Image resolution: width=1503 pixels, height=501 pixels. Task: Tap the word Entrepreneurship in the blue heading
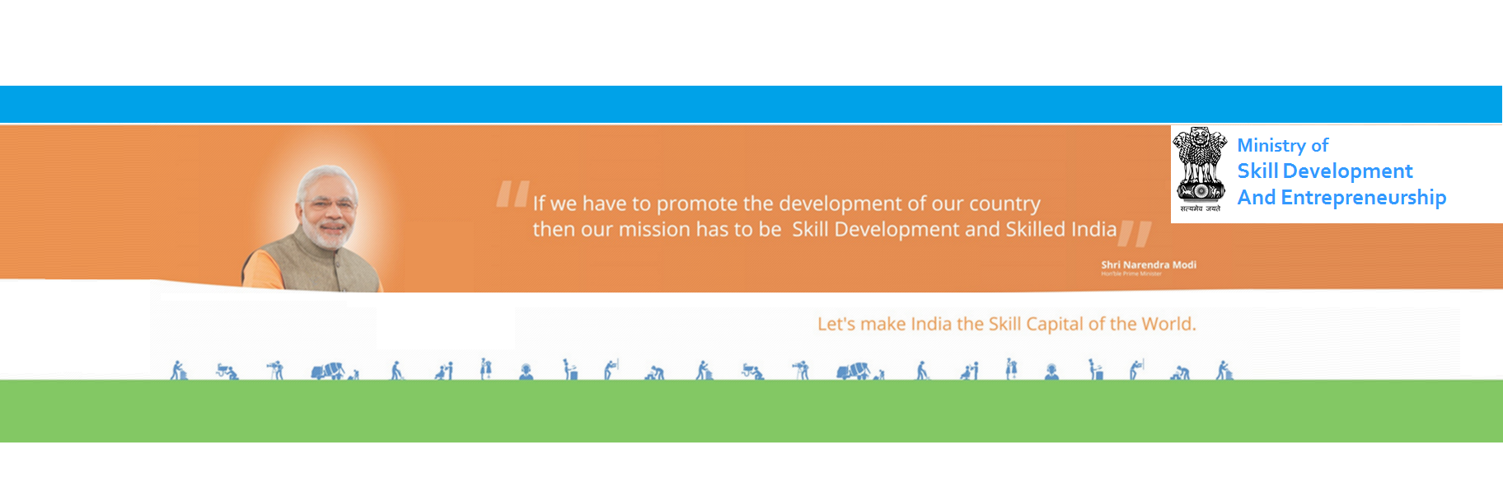pos(1363,198)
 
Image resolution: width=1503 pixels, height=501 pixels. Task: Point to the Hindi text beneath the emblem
pos(1200,208)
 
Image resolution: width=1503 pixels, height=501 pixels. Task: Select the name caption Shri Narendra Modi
pos(1148,265)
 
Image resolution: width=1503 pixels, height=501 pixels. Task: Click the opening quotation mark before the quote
pos(512,194)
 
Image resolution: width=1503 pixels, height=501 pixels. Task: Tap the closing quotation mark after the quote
pos(1135,234)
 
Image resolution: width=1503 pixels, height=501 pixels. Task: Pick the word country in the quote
pos(1004,204)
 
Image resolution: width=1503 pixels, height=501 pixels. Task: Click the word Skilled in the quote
pos(1035,229)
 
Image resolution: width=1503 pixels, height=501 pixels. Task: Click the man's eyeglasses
pos(330,202)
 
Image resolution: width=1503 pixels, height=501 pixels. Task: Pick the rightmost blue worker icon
pos(1224,371)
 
